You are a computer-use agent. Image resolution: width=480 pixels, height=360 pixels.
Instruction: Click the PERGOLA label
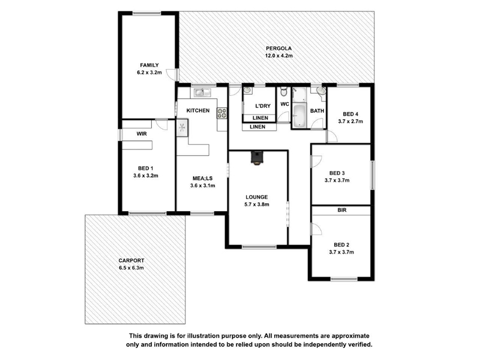click(x=278, y=49)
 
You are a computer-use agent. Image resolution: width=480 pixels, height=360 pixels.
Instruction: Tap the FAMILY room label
click(x=149, y=65)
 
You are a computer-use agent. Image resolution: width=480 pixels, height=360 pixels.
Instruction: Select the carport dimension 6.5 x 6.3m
click(x=131, y=268)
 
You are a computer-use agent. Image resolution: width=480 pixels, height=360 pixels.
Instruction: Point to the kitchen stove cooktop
click(x=222, y=113)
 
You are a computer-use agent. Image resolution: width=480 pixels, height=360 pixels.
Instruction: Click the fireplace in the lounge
click(x=257, y=158)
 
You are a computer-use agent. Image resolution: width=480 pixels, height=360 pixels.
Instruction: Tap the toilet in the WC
click(x=284, y=91)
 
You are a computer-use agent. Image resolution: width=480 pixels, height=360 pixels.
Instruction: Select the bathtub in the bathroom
click(x=299, y=116)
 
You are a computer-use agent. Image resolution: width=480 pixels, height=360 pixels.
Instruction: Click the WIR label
click(x=142, y=134)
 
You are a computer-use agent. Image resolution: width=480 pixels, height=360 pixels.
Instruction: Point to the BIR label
click(x=342, y=211)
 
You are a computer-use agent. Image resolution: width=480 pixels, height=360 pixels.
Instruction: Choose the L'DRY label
click(x=263, y=106)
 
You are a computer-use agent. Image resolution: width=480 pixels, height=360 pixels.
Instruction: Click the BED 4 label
click(x=350, y=114)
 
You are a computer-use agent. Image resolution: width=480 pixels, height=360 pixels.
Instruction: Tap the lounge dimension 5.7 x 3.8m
click(x=257, y=205)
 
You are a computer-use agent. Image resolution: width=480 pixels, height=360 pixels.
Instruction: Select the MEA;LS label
click(x=202, y=178)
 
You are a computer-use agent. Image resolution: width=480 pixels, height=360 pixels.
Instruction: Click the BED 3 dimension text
click(x=337, y=181)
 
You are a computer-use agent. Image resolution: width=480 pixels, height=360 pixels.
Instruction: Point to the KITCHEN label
click(x=198, y=110)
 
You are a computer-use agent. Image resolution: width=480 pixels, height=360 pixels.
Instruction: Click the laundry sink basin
click(x=247, y=91)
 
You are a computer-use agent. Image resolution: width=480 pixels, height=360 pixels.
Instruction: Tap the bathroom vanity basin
click(x=320, y=91)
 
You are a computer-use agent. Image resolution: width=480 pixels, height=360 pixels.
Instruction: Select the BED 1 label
click(x=145, y=169)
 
